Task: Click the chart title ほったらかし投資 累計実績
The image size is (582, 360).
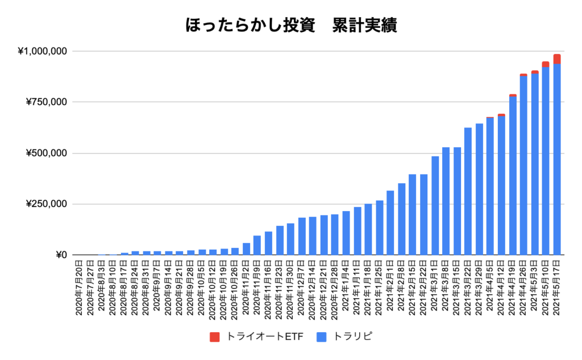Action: [x=291, y=25]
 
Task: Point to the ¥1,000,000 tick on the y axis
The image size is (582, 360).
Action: [x=43, y=52]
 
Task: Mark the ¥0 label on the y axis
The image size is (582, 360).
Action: [x=61, y=255]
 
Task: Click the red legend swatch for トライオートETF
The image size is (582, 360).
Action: [x=215, y=337]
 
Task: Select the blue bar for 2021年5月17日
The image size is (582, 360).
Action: [x=556, y=159]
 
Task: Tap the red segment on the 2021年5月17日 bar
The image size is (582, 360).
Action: [x=556, y=59]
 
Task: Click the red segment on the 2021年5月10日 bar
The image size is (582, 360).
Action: [x=546, y=64]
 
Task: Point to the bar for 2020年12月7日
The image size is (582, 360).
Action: [x=302, y=237]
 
